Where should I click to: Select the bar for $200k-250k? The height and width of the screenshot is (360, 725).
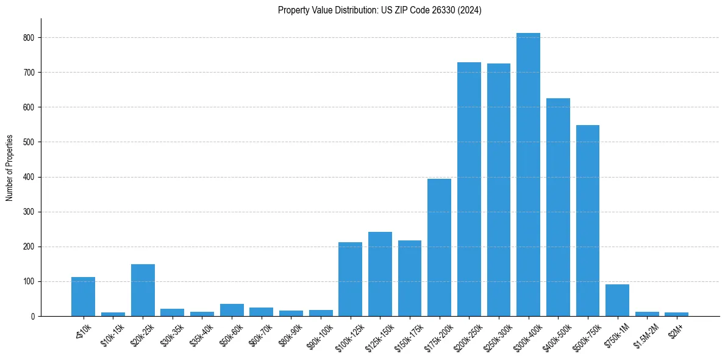469,189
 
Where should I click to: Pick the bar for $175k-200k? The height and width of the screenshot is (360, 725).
439,248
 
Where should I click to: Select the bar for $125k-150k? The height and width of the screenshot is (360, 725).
380,274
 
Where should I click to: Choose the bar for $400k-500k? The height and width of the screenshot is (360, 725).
558,207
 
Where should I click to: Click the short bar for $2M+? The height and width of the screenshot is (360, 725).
676,314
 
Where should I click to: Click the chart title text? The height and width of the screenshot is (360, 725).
379,10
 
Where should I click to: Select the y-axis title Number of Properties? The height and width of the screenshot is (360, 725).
10,168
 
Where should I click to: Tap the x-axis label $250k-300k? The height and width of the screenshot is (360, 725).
498,334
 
